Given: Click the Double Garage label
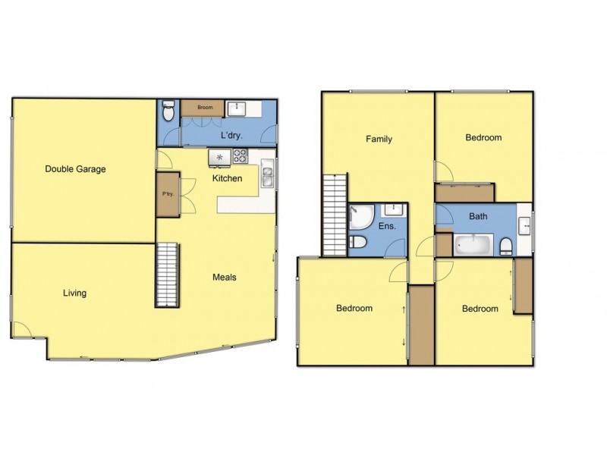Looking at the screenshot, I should point(74,169).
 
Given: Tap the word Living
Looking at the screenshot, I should point(74,293).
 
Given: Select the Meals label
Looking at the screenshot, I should point(224,278).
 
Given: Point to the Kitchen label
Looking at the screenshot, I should point(227,179).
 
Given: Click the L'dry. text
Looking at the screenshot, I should point(231,135).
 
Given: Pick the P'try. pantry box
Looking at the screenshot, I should point(168,193).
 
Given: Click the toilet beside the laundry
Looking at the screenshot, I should point(168,111).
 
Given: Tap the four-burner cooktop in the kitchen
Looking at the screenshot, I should point(241,157).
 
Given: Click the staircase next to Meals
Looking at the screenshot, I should point(167,275).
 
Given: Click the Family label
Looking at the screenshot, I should point(379,140).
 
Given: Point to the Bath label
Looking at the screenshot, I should point(478,216).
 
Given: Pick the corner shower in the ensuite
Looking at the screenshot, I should point(360,217).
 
